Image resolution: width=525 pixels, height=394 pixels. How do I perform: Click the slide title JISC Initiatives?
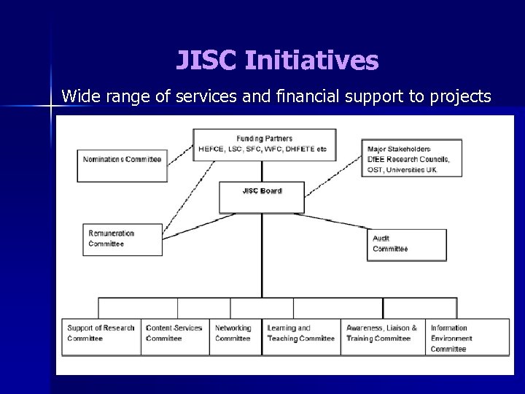coord(277,61)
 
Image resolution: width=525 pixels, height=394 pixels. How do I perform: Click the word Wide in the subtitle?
coord(79,96)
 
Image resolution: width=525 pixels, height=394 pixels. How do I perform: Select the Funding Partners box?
coord(264,144)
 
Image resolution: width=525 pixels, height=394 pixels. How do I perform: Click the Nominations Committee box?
coord(122,165)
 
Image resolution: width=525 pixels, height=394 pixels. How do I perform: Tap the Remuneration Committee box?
coord(122,239)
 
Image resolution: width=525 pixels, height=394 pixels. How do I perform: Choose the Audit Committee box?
coord(406,244)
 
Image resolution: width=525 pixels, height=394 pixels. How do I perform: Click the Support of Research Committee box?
coord(101,336)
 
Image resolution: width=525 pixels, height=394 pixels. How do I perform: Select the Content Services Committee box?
coord(175,336)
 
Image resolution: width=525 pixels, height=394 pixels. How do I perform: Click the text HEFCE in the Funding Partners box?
coord(211,150)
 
